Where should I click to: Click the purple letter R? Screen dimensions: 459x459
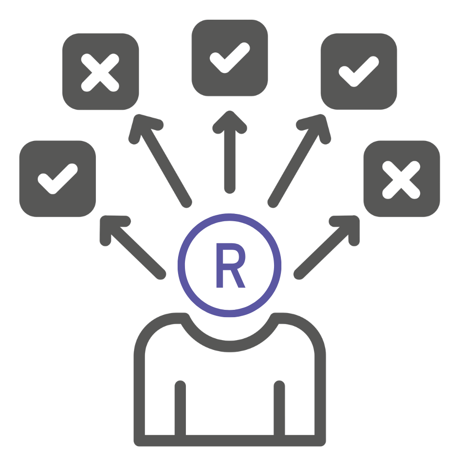230,265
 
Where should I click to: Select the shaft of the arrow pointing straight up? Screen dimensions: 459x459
230,160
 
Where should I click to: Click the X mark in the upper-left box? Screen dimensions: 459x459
100,73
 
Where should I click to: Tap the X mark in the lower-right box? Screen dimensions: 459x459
401,180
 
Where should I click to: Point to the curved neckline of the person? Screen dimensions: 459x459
230,347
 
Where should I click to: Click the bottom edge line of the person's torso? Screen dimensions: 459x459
230,441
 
